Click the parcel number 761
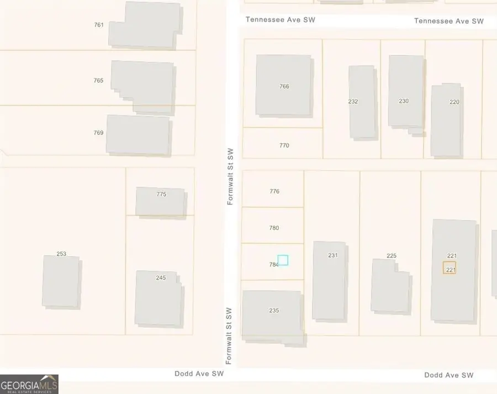pos(99,25)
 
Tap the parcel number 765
pos(98,81)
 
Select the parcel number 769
pos(98,133)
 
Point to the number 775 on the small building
pos(161,194)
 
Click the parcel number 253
pos(61,254)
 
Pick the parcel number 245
pos(161,278)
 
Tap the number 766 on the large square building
pos(284,86)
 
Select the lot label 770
pos(284,146)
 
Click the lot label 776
pos(274,192)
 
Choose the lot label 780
pos(274,228)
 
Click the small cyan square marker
pos(283,260)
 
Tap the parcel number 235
pos(274,311)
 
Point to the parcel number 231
pos(332,255)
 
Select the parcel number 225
pos(392,256)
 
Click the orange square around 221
pos(450,268)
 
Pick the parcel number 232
pos(353,102)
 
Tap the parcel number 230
pos(404,101)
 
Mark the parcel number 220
pos(454,102)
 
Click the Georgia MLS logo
pos(29,384)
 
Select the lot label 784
pos(273,265)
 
